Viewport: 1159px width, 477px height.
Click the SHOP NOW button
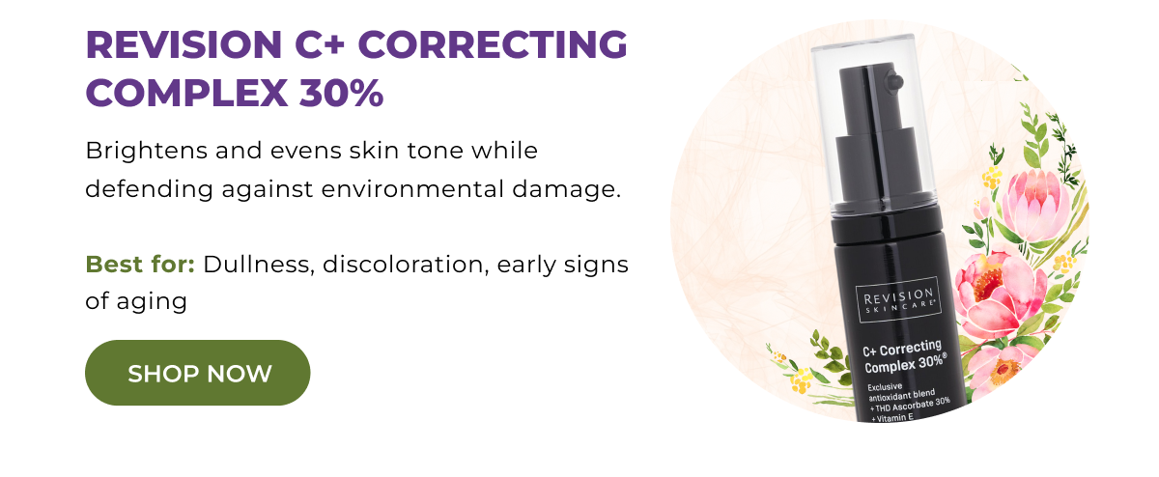click(x=198, y=373)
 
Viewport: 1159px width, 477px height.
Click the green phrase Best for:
click(x=140, y=265)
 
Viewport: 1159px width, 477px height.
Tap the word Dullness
click(x=256, y=265)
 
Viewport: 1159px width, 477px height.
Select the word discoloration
click(x=406, y=265)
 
